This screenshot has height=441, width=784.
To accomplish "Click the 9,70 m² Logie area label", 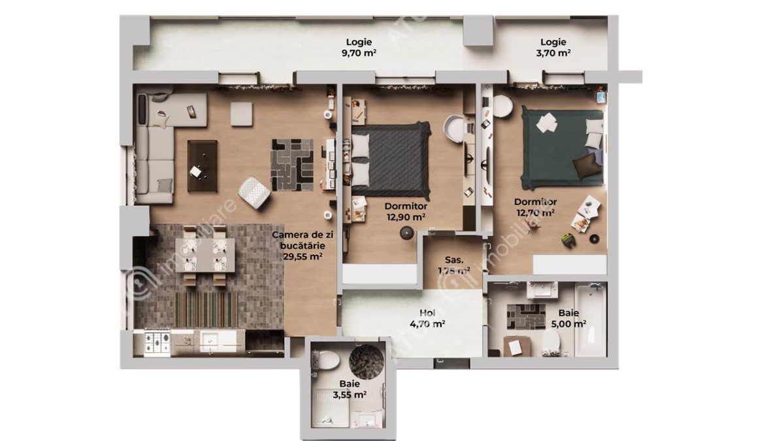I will (x=359, y=48).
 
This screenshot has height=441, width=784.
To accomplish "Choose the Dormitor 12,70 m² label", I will (x=534, y=206).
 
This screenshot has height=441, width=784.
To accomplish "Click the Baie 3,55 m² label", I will (x=349, y=389).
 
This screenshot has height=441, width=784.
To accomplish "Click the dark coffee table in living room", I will (x=203, y=166).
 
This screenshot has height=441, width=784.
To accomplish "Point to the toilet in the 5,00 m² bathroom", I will (x=551, y=339).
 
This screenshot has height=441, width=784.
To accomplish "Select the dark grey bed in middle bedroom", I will (x=391, y=161).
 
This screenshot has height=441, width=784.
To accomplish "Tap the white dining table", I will (x=206, y=253).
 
